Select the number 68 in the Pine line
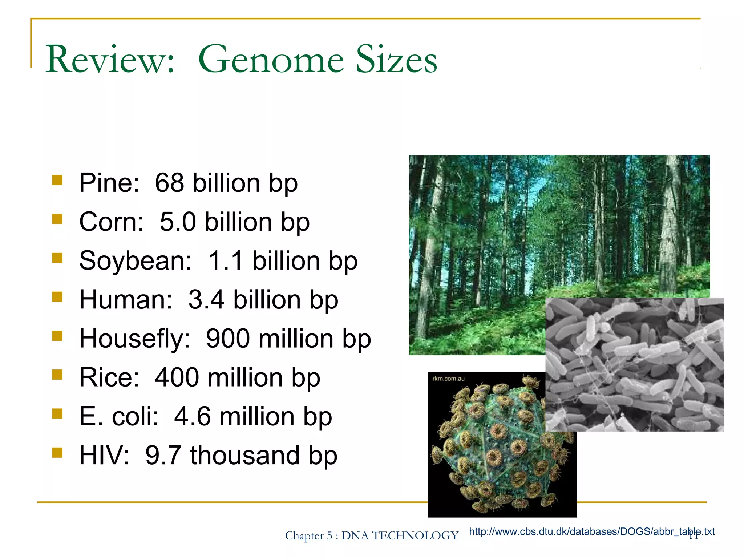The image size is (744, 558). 169,183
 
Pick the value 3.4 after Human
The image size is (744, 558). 206,300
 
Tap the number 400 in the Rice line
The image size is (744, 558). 177,377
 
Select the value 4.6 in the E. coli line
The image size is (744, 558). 192,416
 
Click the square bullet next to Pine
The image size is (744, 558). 57,180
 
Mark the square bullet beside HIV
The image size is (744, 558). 57,453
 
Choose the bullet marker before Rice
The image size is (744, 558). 57,375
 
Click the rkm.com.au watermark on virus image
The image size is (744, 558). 448,379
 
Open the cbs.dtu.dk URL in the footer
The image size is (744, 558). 591,532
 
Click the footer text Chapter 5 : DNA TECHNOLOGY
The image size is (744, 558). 371,536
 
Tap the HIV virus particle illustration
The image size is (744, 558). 498,450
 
